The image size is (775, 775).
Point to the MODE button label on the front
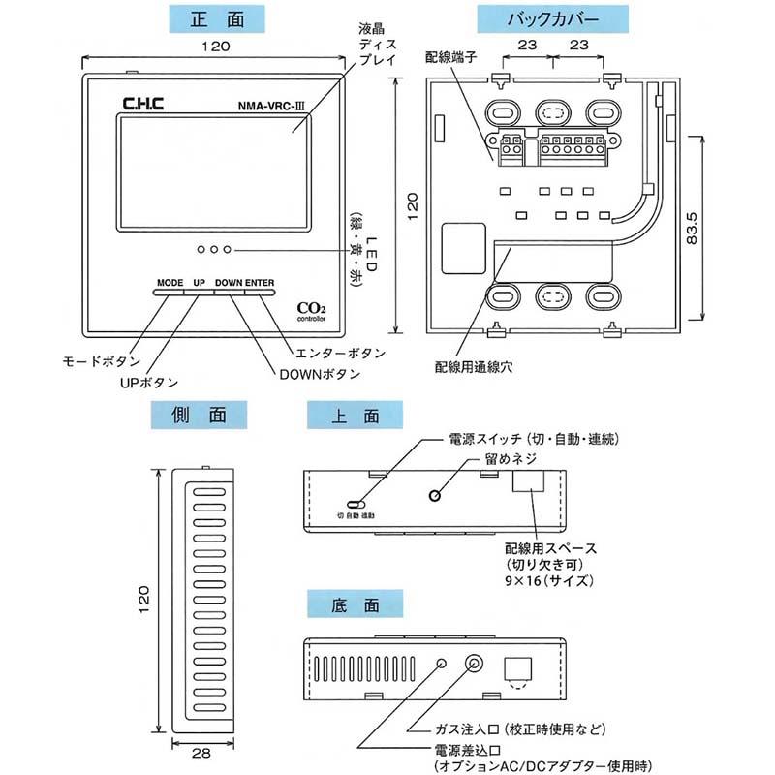coord(170,284)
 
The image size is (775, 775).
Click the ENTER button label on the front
coord(260,284)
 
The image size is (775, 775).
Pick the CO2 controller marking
coord(312,311)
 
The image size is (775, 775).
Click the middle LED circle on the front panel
coord(214,250)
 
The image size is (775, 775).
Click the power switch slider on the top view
coord(356,505)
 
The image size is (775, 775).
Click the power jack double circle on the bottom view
coord(476,665)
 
